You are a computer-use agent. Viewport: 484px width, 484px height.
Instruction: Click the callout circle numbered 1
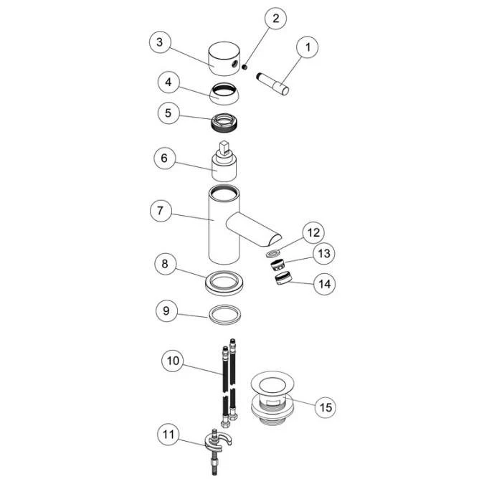[308, 47]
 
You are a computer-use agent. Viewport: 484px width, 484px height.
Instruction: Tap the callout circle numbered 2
[275, 18]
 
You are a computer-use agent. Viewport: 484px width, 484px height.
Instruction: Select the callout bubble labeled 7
[161, 211]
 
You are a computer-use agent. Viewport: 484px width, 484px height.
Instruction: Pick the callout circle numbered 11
[169, 435]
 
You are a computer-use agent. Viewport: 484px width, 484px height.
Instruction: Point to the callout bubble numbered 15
[326, 407]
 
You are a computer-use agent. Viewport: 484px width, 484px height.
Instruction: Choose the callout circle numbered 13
[324, 254]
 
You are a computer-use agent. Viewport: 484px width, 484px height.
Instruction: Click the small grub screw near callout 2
[245, 67]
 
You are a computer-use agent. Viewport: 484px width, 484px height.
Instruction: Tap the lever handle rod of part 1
[272, 84]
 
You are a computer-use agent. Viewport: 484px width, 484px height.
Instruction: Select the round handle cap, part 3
[224, 59]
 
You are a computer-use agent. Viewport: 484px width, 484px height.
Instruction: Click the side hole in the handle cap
[234, 65]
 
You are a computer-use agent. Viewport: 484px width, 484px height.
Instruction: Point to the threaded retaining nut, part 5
[225, 123]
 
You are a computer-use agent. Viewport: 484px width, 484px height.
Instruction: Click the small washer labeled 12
[273, 254]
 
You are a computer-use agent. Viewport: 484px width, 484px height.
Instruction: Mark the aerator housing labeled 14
[283, 277]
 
